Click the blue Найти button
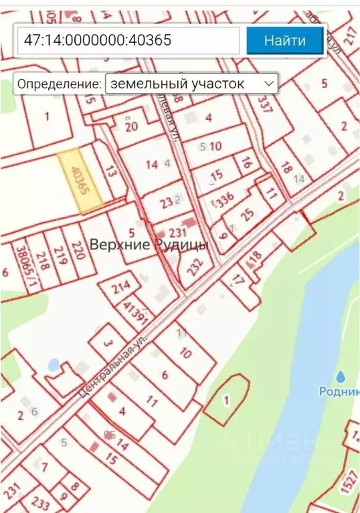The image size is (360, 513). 285,40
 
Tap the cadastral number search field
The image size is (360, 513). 128,40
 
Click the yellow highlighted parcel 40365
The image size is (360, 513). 80,181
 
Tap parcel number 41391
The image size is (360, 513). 136,312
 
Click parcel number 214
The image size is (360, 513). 122,289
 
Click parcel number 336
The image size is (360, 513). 225,198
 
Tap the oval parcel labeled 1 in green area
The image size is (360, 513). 226,400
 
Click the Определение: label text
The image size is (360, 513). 60,84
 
